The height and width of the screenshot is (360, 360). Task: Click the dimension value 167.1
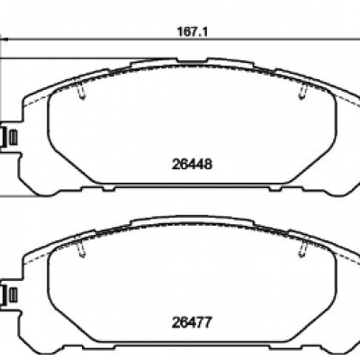(x=193, y=31)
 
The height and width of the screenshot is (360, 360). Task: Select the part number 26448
(x=192, y=164)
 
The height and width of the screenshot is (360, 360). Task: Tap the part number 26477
(x=192, y=322)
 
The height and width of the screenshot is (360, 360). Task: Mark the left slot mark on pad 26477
(x=82, y=248)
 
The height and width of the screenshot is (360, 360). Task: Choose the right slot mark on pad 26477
(x=303, y=248)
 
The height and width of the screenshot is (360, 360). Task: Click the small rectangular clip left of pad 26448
(x=13, y=138)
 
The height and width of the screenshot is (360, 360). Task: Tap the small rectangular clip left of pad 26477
(x=13, y=295)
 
